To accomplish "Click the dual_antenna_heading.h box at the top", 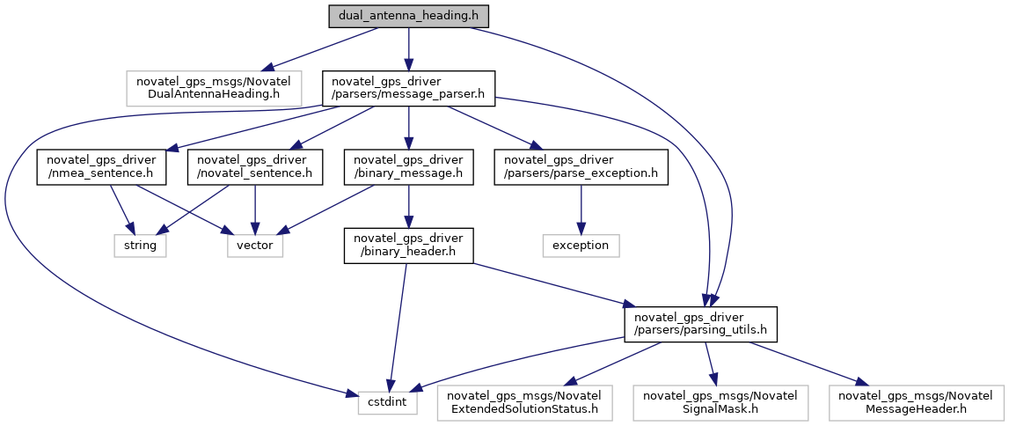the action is click(x=409, y=16).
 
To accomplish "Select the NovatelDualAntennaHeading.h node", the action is click(x=215, y=89).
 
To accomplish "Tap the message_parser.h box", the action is click(x=409, y=89).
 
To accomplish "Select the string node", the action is click(x=140, y=246).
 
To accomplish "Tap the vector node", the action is click(x=255, y=246).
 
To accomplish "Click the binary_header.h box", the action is click(x=409, y=246).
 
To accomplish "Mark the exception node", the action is click(x=581, y=246).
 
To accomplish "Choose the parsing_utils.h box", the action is click(x=700, y=324).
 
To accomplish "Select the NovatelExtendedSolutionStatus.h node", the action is click(x=524, y=403).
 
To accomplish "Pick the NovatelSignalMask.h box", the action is click(x=717, y=403).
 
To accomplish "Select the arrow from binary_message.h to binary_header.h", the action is click(x=409, y=206).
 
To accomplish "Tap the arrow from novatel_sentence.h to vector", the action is click(x=255, y=209).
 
